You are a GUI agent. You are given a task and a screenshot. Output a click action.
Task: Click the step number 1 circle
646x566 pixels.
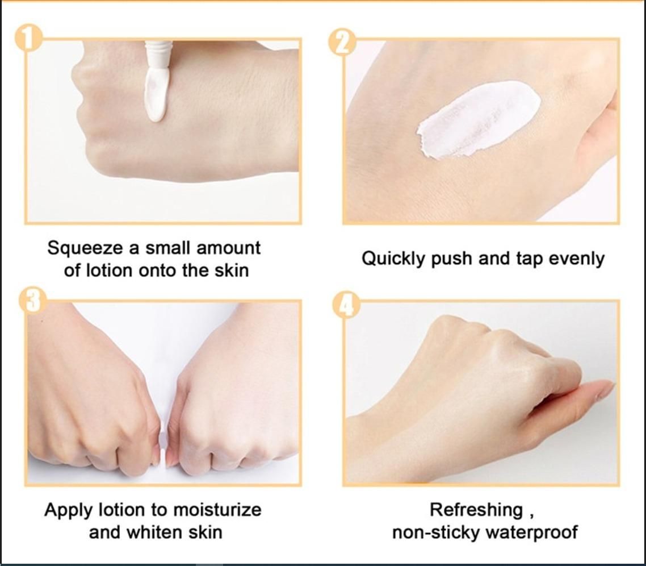pyautogui.click(x=28, y=39)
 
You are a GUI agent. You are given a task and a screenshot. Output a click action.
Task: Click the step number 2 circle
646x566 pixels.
pyautogui.click(x=342, y=41)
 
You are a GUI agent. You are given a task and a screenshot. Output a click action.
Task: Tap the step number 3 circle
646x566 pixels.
pyautogui.click(x=32, y=300)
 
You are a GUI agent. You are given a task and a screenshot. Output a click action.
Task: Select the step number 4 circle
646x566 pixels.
pyautogui.click(x=346, y=305)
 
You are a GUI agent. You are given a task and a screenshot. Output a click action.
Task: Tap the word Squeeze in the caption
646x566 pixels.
pyautogui.click(x=85, y=248)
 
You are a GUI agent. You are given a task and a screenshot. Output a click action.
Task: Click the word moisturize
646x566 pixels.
pyautogui.click(x=217, y=510)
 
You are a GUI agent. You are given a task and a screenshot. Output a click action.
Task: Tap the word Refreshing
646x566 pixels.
pyautogui.click(x=476, y=510)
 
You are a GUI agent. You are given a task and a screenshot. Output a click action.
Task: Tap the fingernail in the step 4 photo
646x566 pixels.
pyautogui.click(x=604, y=390)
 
